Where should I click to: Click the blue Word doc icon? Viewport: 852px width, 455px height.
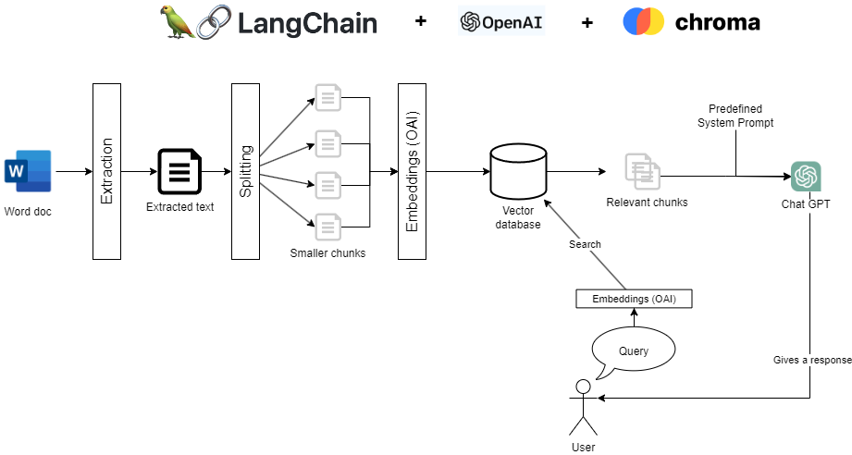click(28, 171)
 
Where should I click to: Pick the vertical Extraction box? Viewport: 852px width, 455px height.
click(106, 171)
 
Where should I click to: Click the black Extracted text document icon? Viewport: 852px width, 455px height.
click(179, 171)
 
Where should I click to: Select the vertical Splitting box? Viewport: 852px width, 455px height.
click(245, 171)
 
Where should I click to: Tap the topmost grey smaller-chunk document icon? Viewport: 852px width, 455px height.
click(328, 96)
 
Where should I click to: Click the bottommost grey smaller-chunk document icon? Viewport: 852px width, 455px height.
click(328, 225)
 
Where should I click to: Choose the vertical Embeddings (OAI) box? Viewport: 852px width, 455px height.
click(412, 171)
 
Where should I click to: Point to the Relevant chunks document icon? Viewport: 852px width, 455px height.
click(641, 169)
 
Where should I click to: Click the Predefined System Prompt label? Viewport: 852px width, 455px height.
click(735, 116)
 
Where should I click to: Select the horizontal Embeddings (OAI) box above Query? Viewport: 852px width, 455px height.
click(634, 299)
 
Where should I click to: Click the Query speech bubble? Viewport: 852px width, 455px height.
click(634, 350)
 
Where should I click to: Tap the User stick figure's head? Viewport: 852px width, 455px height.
click(583, 386)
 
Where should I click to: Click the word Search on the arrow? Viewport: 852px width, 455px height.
click(585, 244)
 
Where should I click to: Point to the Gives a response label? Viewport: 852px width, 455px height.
click(811, 360)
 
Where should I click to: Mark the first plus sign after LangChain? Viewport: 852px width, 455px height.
click(421, 21)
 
